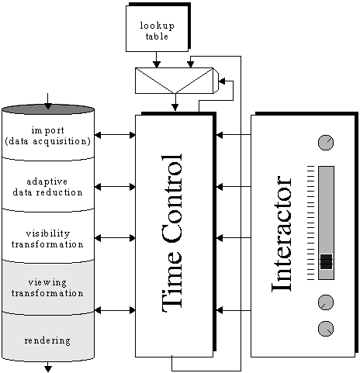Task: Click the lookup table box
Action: click(x=157, y=29)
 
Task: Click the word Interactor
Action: click(x=282, y=234)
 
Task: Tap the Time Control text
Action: click(x=171, y=233)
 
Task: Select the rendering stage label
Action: click(x=47, y=340)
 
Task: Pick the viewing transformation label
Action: click(x=47, y=288)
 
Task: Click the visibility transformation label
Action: click(x=47, y=239)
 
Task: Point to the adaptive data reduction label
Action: click(x=47, y=187)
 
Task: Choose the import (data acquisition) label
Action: click(x=48, y=136)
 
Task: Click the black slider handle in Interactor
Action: click(x=326, y=261)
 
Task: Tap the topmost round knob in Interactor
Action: click(x=326, y=143)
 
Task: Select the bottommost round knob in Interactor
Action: click(x=326, y=329)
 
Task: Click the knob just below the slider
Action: click(x=326, y=302)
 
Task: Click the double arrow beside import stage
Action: click(x=115, y=135)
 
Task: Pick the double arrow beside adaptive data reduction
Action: click(x=115, y=186)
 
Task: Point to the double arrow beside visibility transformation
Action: click(x=115, y=238)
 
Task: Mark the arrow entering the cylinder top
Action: click(x=48, y=101)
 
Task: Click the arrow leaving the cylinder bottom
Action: click(x=48, y=367)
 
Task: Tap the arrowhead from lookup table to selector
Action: click(x=157, y=64)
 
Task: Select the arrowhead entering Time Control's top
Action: click(x=175, y=107)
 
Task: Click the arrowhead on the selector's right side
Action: click(x=222, y=81)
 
